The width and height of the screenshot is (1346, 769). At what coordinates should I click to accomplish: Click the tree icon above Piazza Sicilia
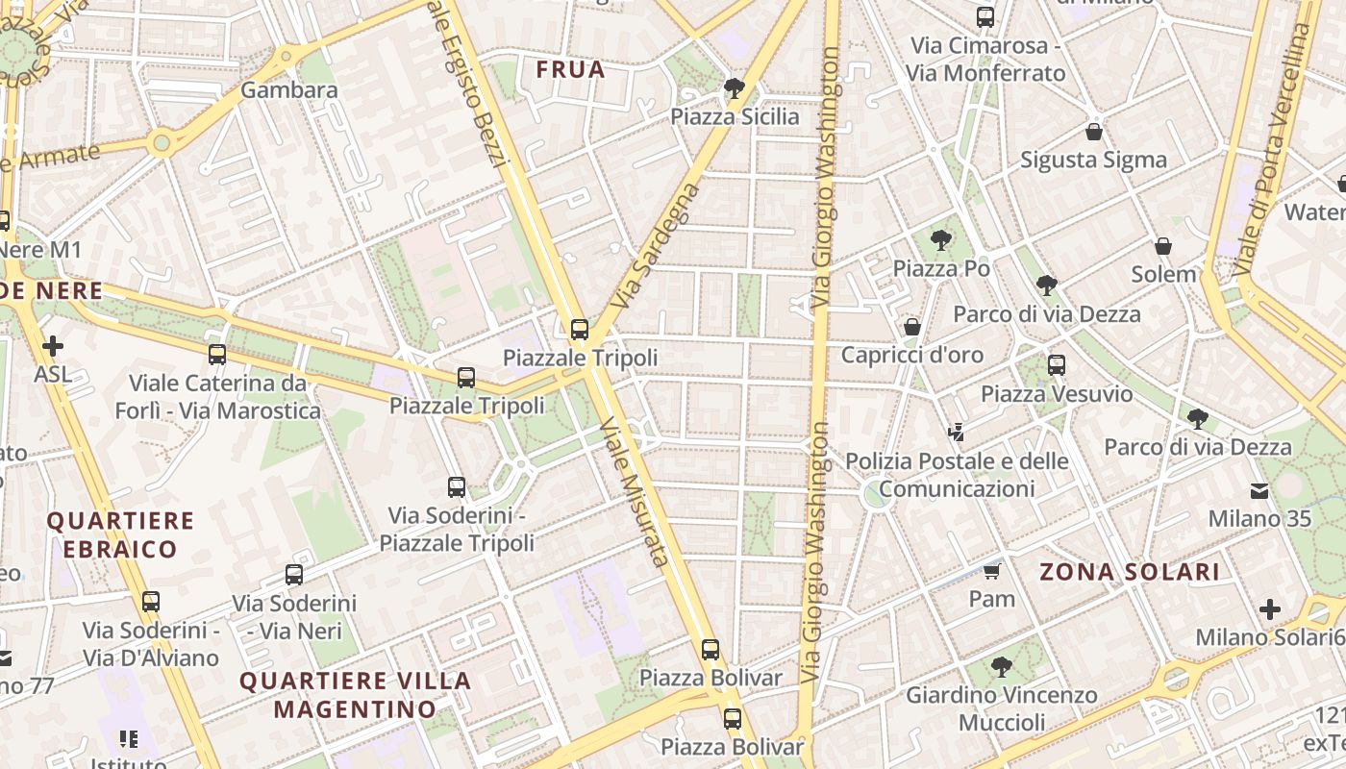735,88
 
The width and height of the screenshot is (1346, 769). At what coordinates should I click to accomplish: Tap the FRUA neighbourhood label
570,69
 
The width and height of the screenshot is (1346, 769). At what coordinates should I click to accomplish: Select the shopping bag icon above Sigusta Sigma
1093,132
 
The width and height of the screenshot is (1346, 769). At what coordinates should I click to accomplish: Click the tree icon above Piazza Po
941,240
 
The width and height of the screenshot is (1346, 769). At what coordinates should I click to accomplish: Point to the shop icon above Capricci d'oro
912,327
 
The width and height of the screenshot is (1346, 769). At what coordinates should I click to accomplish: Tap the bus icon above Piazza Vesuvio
1057,365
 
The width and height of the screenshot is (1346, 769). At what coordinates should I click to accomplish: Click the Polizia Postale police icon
956,433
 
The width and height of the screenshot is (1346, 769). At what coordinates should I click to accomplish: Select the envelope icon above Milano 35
1259,491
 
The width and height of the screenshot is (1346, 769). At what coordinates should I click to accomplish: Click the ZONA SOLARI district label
1130,572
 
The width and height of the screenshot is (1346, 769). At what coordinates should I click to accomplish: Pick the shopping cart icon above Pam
991,572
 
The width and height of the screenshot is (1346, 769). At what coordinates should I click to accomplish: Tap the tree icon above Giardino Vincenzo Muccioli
1001,666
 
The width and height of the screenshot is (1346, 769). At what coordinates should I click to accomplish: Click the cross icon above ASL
53,345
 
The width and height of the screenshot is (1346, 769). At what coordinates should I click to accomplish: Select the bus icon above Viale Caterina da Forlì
217,355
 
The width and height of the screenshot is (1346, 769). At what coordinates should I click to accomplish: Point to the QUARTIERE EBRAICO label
121,535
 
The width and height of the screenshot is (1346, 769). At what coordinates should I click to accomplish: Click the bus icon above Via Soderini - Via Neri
294,575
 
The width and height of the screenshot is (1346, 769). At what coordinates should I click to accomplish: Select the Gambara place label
289,90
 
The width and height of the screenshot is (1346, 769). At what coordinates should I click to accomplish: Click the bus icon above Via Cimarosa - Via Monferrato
985,16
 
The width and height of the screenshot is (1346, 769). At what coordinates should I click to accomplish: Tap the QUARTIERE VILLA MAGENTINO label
355,695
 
